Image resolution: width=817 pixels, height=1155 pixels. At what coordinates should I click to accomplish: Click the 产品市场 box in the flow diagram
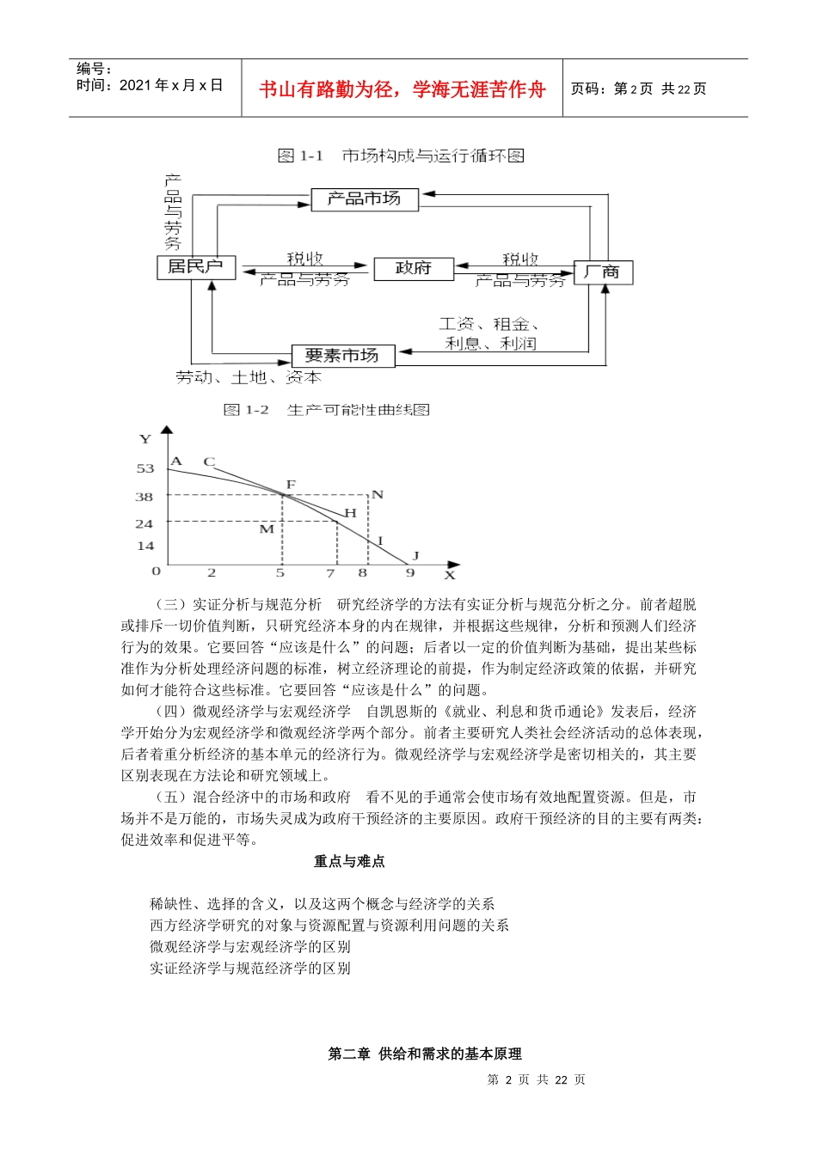(x=364, y=199)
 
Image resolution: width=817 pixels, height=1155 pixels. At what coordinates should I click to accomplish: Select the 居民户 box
(x=196, y=267)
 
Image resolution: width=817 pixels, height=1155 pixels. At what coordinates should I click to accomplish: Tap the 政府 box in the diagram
(x=413, y=269)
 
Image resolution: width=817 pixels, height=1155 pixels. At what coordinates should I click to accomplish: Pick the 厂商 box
(x=603, y=272)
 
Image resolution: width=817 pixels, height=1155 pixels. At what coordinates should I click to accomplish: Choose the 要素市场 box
(x=342, y=356)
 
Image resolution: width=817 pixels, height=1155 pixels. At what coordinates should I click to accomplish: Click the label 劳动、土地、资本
(x=249, y=377)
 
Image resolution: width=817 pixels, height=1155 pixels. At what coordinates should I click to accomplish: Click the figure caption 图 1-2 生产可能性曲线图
(x=327, y=410)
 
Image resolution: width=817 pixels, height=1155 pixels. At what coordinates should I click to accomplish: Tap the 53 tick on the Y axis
(x=145, y=468)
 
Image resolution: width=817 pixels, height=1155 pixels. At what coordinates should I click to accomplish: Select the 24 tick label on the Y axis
(x=144, y=523)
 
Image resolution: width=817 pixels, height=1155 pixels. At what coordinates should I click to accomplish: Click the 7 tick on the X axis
(x=330, y=572)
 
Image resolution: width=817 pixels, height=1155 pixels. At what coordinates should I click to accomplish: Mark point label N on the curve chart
(x=377, y=494)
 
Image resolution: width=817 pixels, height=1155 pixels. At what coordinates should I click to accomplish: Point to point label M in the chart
(x=267, y=529)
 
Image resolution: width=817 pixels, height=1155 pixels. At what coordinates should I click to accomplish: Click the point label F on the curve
(x=291, y=485)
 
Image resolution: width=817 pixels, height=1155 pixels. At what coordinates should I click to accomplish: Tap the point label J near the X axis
(x=415, y=556)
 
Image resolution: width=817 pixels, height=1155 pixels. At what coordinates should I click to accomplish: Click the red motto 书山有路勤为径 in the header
(x=402, y=89)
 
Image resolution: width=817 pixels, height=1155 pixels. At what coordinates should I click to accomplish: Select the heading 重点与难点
(x=349, y=861)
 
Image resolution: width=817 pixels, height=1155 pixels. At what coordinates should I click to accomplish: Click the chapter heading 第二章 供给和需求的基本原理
(x=425, y=1054)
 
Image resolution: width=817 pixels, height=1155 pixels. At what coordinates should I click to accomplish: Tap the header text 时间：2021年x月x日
(x=150, y=85)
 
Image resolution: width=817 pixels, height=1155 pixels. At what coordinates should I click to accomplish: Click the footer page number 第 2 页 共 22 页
(x=536, y=1079)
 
